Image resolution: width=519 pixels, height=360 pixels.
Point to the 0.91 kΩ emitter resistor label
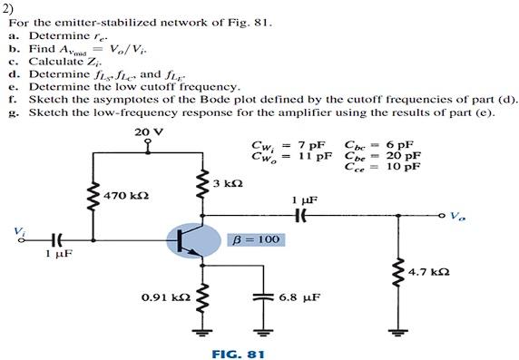pos(166,296)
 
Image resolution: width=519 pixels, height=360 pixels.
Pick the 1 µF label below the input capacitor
pos(59,255)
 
